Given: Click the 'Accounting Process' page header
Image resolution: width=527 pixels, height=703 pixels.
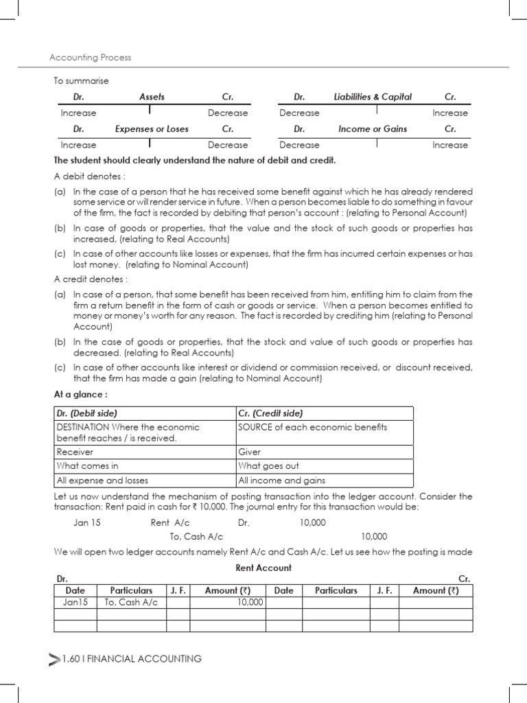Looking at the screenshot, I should [90, 58].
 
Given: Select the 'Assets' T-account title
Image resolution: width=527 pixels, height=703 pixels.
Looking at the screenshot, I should [152, 97].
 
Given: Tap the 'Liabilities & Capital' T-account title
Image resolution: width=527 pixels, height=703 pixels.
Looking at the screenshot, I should [373, 97].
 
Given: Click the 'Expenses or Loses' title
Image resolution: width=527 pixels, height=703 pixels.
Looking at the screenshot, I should [152, 128].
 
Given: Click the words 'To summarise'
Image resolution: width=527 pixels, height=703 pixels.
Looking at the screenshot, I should [81, 81].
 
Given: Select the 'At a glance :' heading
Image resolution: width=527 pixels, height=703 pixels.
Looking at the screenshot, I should [80, 394].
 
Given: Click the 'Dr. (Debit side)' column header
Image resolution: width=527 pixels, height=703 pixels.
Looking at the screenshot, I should [87, 413].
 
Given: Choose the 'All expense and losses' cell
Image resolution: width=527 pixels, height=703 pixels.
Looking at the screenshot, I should [102, 481].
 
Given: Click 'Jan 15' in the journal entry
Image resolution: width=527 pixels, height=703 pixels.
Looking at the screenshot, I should [87, 522].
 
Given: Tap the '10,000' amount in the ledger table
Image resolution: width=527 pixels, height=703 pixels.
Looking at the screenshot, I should [250, 602].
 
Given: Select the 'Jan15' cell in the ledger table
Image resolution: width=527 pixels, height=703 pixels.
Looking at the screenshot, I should [75, 602].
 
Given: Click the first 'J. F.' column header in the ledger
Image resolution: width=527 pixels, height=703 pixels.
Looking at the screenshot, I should [178, 590].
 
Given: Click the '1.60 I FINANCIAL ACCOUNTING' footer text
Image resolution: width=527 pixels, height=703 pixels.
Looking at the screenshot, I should [131, 659].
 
